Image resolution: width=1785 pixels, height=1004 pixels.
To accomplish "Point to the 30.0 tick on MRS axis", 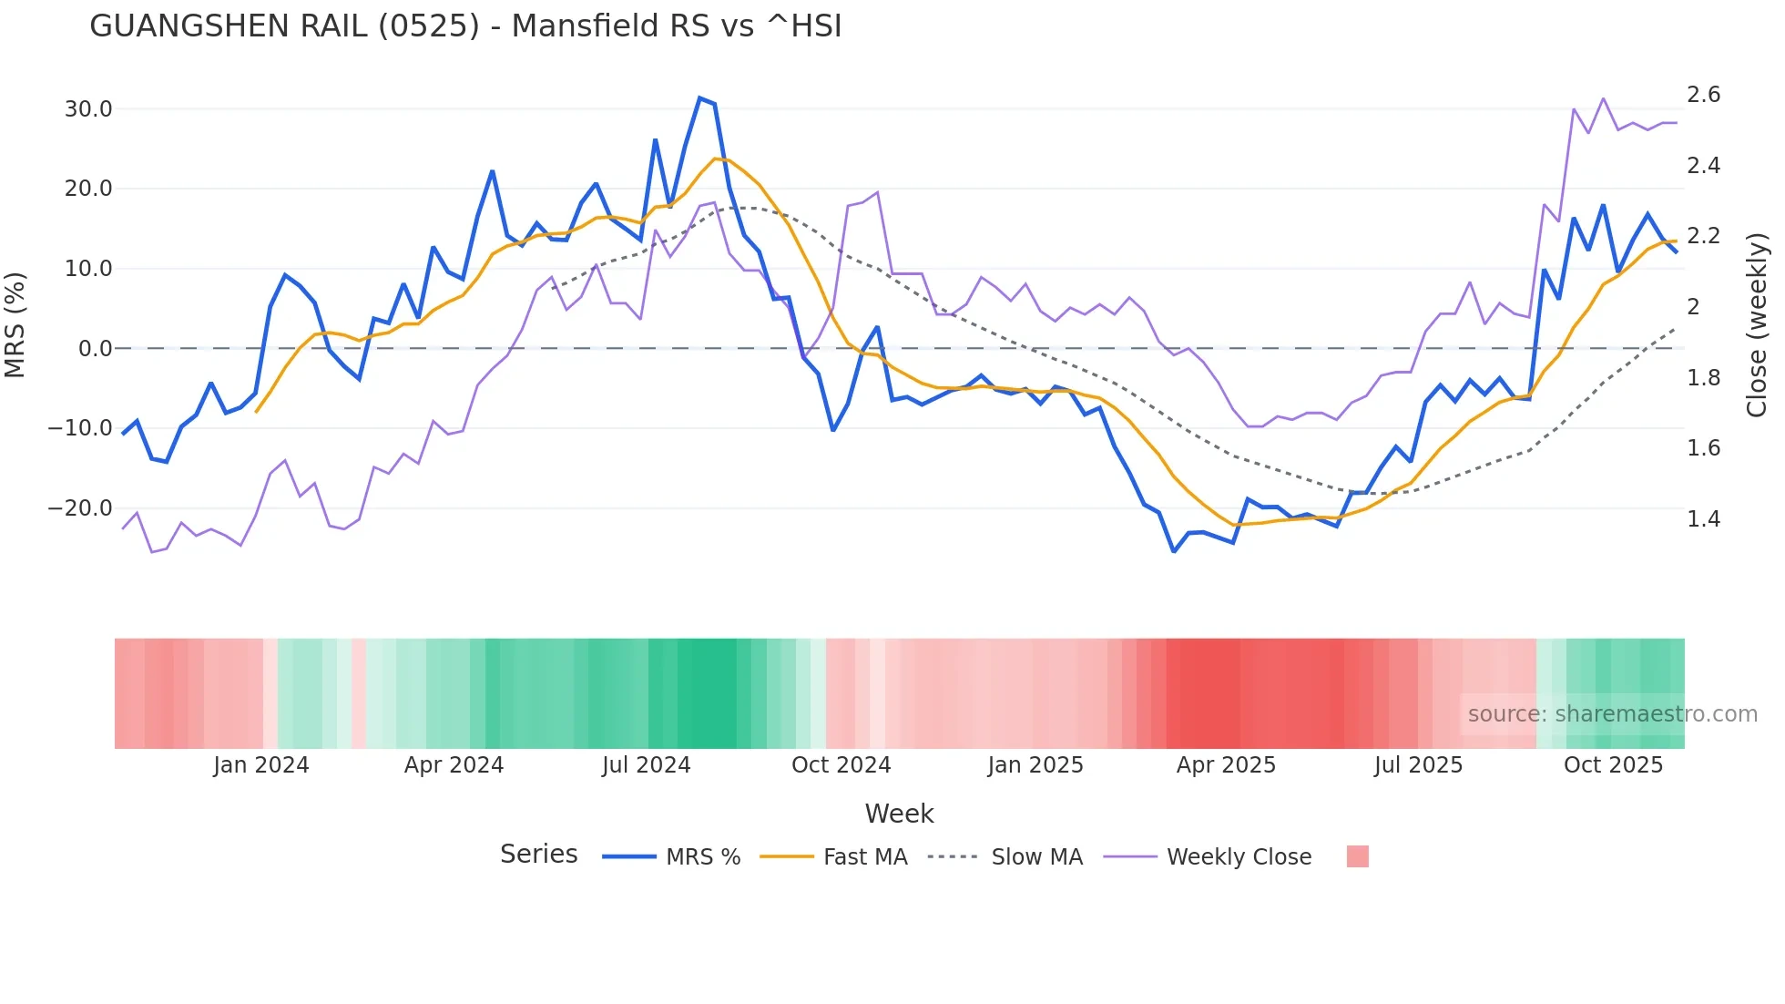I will (x=88, y=109).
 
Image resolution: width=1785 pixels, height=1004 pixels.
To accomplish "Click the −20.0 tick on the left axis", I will (x=80, y=508).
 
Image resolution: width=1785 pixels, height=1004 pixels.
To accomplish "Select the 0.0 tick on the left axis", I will (x=95, y=349).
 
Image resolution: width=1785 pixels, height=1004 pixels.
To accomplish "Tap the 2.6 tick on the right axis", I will (x=1703, y=95).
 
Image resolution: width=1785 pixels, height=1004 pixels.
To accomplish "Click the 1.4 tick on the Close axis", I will (x=1703, y=519).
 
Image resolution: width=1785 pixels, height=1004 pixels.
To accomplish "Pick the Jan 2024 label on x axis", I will (x=261, y=765).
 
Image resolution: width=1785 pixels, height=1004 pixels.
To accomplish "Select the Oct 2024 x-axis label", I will (x=841, y=765).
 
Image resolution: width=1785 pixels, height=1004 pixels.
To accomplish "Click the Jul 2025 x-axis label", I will (x=1418, y=765).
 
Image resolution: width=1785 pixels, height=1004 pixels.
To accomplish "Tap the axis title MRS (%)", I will (x=15, y=325).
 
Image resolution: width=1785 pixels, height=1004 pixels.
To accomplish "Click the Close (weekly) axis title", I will (x=1757, y=325).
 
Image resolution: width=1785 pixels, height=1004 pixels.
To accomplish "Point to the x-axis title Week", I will (x=899, y=814).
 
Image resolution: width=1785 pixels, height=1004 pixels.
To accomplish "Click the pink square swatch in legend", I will (x=1357, y=857).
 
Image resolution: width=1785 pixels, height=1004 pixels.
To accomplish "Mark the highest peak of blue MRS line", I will (x=699, y=97).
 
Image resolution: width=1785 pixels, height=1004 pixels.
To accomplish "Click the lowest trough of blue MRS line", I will (x=1174, y=551).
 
